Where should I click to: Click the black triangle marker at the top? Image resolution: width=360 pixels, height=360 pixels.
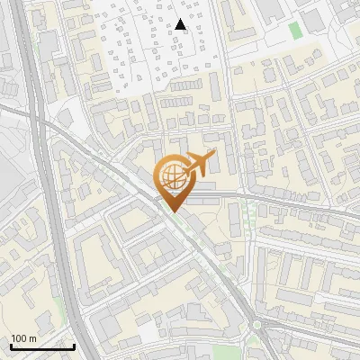pyautogui.click(x=182, y=25)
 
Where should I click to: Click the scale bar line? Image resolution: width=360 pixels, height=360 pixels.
pyautogui.click(x=42, y=346)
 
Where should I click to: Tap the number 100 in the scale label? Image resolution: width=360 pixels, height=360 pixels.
pyautogui.click(x=19, y=338)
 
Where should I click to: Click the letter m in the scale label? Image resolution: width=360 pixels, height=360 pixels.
pyautogui.click(x=32, y=338)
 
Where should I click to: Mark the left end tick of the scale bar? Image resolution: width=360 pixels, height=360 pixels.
pyautogui.click(x=12, y=345)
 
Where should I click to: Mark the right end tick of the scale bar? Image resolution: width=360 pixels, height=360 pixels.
pyautogui.click(x=74, y=345)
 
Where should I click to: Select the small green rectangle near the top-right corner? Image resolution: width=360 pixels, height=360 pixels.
pyautogui.click(x=295, y=30)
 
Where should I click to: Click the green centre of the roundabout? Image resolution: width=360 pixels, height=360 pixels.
pyautogui.click(x=259, y=324)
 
